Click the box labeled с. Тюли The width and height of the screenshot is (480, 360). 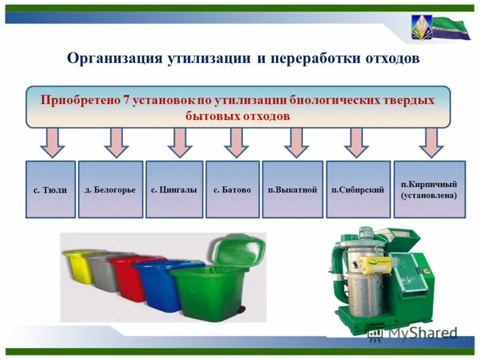pos(50,189)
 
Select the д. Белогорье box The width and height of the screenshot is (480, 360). pos(110,189)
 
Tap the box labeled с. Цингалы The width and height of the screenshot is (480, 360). pos(174,189)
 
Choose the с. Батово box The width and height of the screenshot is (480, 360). pos(232,189)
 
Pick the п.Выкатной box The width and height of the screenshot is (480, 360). pos(292,189)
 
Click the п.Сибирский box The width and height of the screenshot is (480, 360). pos(358,189)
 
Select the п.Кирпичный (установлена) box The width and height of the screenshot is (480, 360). pos(429,189)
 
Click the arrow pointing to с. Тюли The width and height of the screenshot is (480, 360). pos(52,142)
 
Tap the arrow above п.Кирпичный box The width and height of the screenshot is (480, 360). pos(431,142)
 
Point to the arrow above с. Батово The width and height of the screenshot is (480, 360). pos(236,142)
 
